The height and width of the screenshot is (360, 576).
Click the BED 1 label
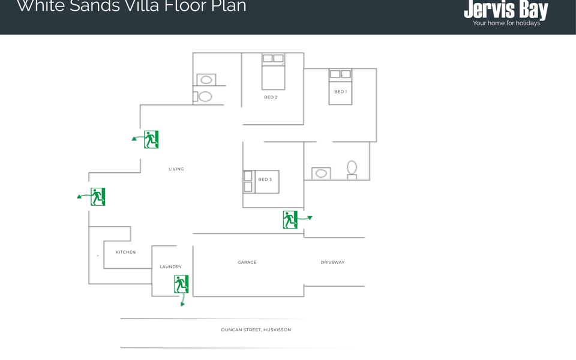coord(340,92)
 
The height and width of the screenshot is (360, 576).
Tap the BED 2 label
coord(271,97)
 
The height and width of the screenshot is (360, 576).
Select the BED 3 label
coord(265,179)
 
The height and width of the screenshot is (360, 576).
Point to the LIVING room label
coord(176,169)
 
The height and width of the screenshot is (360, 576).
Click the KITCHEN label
coord(125,252)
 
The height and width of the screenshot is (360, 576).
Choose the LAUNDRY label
coord(170,266)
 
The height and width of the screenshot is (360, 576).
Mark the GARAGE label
coord(247,262)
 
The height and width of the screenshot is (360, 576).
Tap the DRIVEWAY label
coord(332,262)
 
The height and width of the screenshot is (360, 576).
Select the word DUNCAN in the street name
coord(231,329)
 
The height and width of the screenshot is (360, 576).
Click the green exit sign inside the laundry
coord(181,284)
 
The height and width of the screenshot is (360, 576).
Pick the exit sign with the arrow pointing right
coord(290,220)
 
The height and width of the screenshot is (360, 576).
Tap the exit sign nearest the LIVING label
coord(151,139)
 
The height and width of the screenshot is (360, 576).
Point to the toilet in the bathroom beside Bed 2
coord(205,96)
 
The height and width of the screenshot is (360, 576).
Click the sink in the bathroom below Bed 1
coord(322,173)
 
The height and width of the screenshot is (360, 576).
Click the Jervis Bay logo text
coord(506,10)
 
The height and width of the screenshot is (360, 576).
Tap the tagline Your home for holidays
coord(506,23)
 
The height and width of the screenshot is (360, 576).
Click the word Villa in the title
coord(121,7)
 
